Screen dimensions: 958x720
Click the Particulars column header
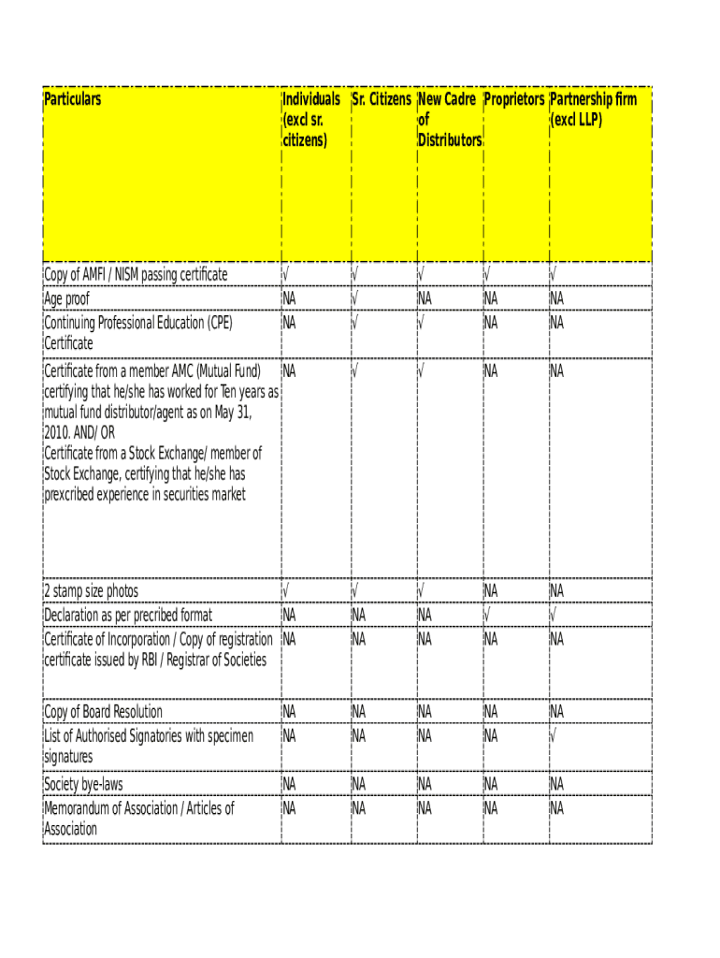click(x=73, y=99)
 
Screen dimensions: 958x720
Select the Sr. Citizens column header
click(x=382, y=99)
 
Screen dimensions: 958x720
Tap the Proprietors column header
click(x=513, y=99)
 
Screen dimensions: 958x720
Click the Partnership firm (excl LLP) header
click(x=594, y=109)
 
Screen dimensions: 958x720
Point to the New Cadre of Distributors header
click(x=449, y=120)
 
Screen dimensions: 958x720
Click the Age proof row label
click(x=67, y=299)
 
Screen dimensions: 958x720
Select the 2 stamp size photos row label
click(x=91, y=591)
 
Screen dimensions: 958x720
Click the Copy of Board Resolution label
click(x=103, y=712)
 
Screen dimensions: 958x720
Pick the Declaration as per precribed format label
click(x=128, y=615)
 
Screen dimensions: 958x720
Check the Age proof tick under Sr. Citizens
click(x=354, y=298)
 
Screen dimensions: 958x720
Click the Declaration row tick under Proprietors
click(x=486, y=615)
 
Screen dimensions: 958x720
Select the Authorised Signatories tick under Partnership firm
click(x=553, y=736)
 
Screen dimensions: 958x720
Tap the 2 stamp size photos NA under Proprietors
click(x=491, y=591)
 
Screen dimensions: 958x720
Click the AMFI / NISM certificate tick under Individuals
click(x=285, y=275)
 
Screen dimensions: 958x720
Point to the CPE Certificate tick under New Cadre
click(x=421, y=323)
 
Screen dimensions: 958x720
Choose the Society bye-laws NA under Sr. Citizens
click(x=359, y=783)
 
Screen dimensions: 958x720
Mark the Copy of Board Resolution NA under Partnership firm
click(x=557, y=712)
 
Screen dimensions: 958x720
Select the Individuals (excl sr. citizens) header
click(x=310, y=120)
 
